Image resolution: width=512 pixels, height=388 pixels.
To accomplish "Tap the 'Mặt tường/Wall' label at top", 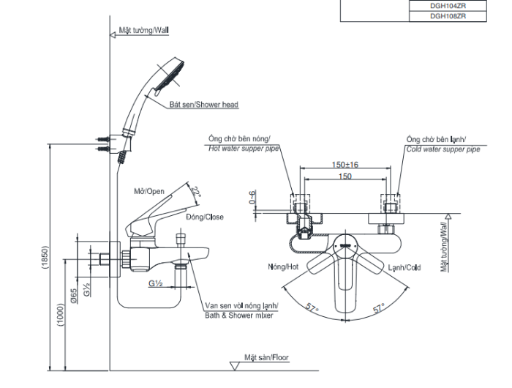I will pyautogui.click(x=144, y=32).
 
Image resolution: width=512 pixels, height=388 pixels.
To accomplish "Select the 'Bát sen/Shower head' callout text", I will pyautogui.click(x=204, y=105).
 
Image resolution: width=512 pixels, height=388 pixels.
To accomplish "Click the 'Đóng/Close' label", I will pyautogui.click(x=204, y=217).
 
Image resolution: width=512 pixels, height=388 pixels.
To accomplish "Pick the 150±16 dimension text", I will pyautogui.click(x=345, y=165).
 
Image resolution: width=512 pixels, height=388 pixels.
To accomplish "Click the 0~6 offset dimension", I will pyautogui.click(x=252, y=198).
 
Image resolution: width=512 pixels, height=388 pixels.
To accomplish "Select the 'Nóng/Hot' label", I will pyautogui.click(x=284, y=268).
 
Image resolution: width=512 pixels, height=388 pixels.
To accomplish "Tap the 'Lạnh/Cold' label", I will pyautogui.click(x=404, y=268).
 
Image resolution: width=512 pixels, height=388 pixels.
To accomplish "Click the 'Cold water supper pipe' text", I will pyautogui.click(x=443, y=149).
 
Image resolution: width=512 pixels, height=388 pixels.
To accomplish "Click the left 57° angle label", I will pyautogui.click(x=312, y=310).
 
